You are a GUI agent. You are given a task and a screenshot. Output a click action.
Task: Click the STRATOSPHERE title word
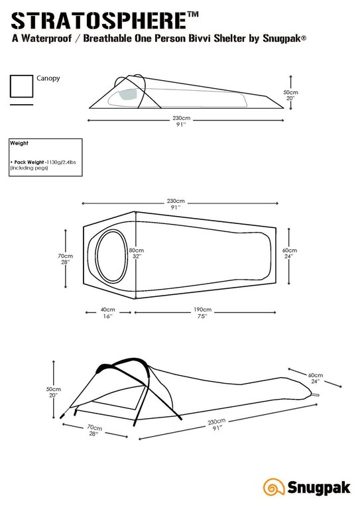click(99, 21)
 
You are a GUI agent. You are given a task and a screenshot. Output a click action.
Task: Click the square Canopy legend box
click(21, 86)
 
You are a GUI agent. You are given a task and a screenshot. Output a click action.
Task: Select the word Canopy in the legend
click(48, 78)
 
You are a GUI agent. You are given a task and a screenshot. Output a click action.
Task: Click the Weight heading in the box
click(19, 143)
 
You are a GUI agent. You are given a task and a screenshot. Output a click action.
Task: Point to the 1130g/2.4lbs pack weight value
click(61, 162)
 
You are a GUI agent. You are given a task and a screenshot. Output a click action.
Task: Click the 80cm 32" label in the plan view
click(136, 253)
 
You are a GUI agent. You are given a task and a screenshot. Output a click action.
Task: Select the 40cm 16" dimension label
click(107, 313)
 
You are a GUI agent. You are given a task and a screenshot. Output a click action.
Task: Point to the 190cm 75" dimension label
click(202, 313)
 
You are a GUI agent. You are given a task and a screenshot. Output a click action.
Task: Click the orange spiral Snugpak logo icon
click(274, 487)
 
